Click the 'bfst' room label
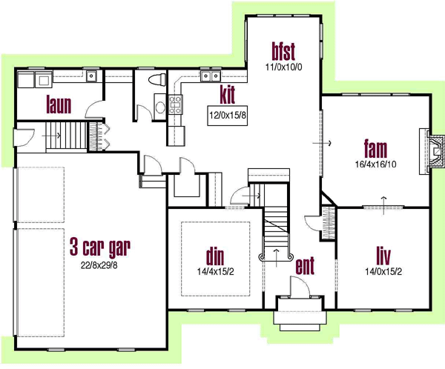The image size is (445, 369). coord(283,51)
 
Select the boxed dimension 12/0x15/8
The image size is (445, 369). coord(228,115)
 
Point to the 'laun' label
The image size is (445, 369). coord(59,104)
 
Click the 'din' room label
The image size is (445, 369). coord(215,256)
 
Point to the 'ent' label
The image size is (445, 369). coord(306,265)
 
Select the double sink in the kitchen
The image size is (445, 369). coord(209,76)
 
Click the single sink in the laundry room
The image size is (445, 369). coord(92,75)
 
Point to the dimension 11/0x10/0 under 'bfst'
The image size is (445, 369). coord(283,67)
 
